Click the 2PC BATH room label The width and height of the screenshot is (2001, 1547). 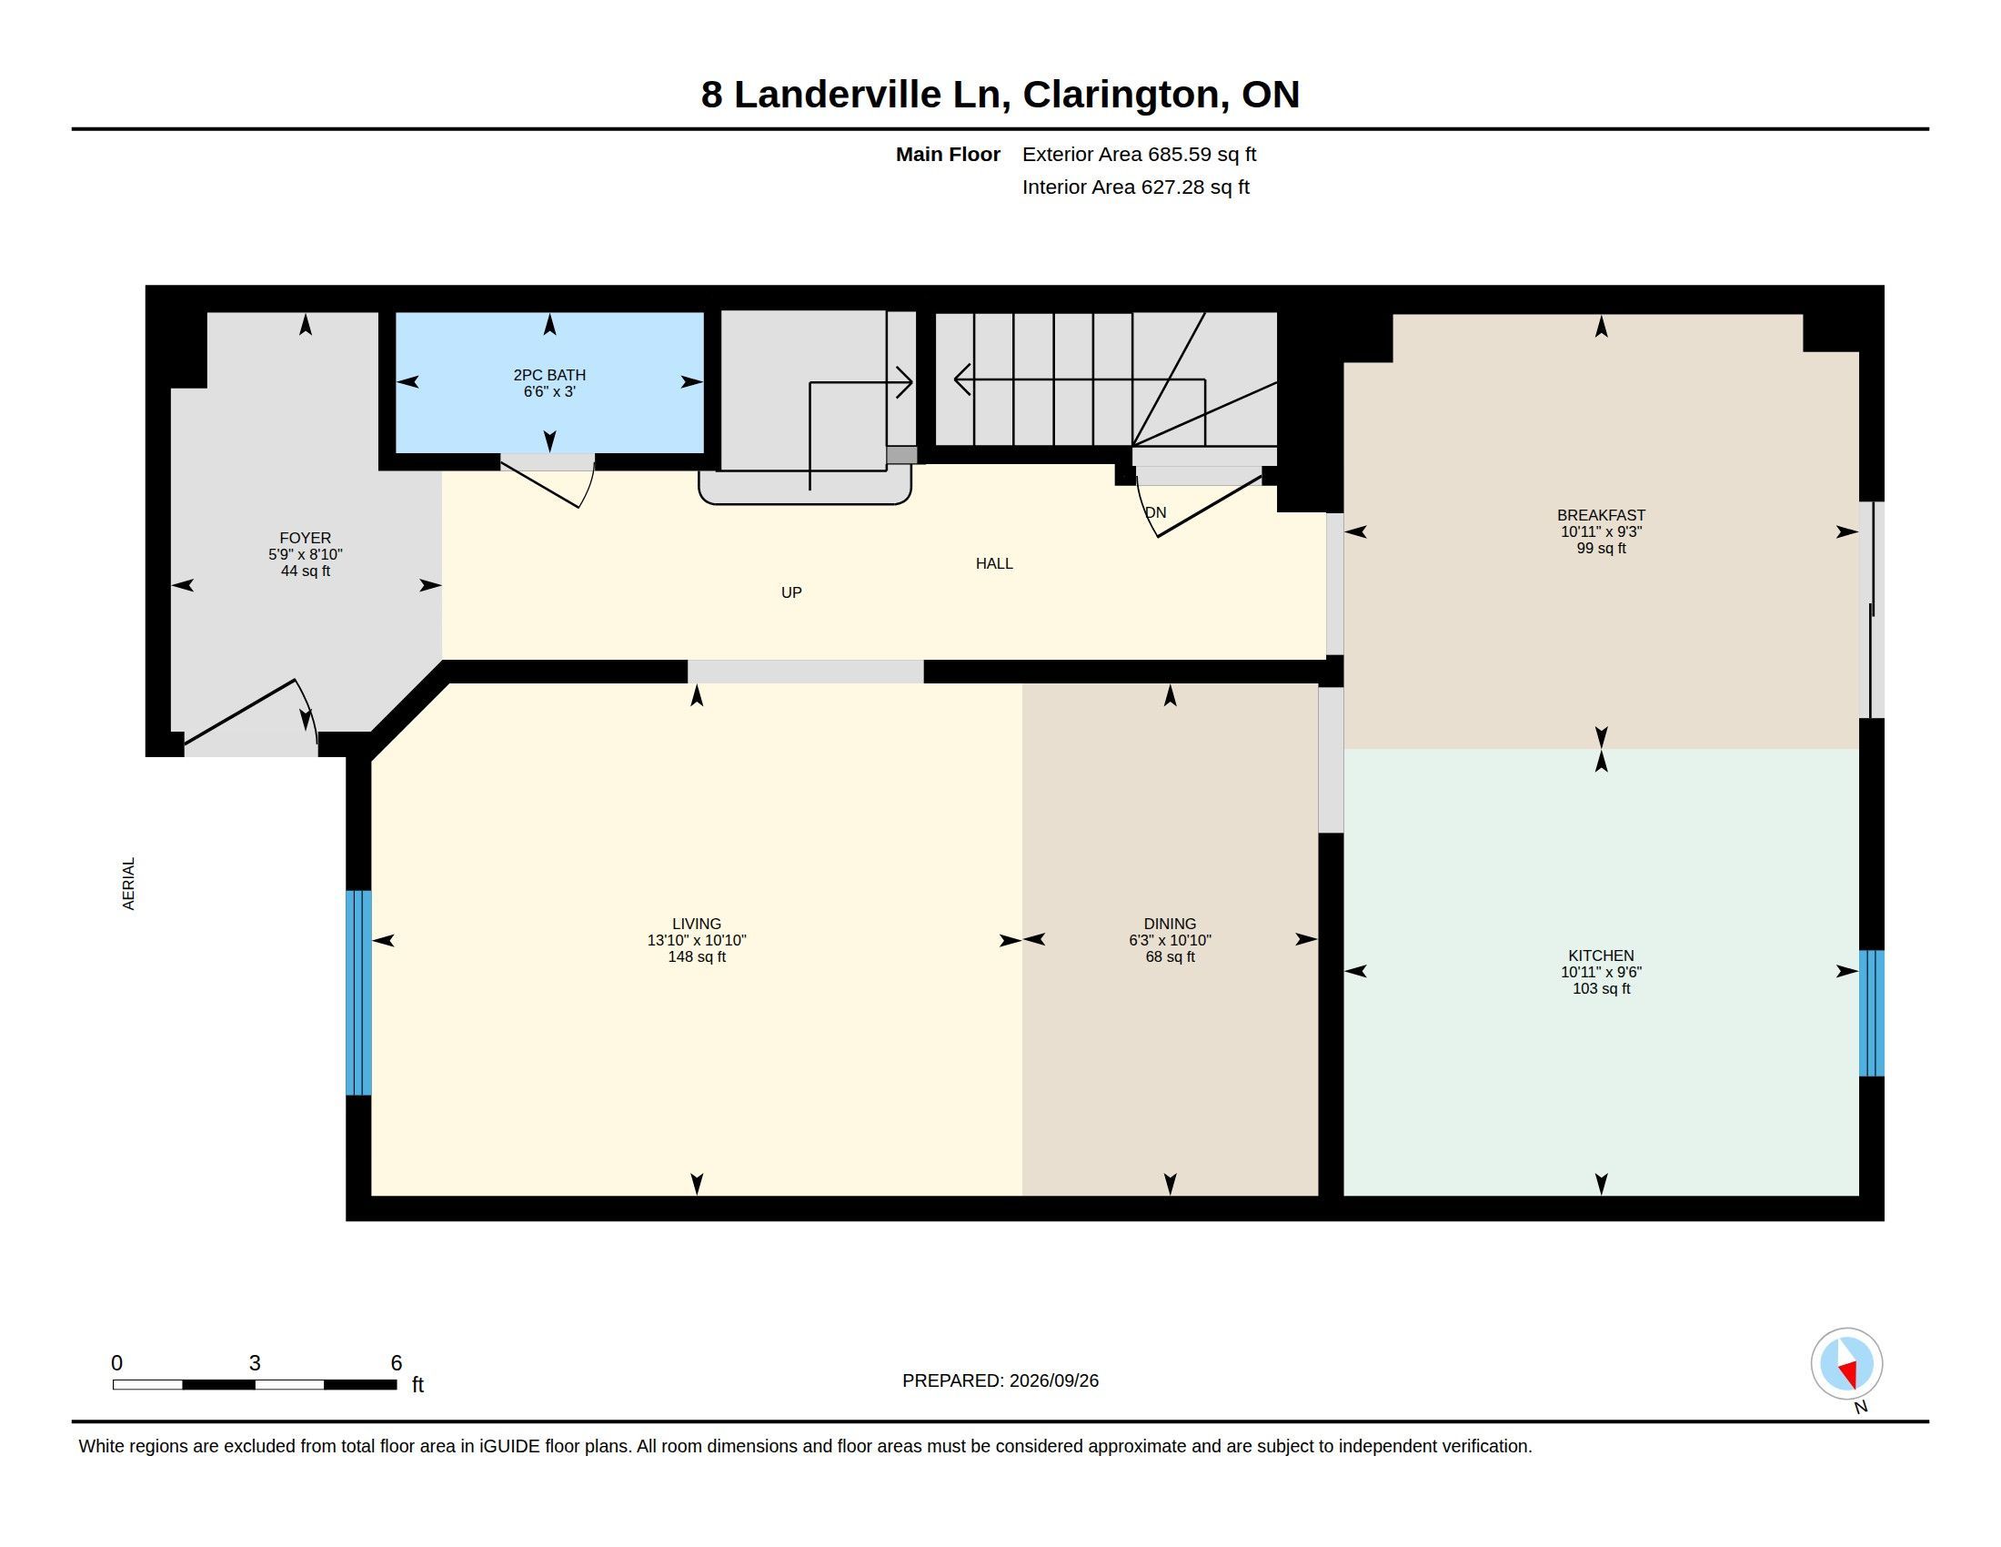[548, 375]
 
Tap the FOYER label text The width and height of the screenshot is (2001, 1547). [305, 538]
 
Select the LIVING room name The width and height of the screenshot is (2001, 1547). [697, 924]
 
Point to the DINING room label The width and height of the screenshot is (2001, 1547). [1170, 924]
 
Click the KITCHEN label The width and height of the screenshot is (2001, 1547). [1601, 955]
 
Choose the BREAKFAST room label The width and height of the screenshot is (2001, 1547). [1601, 515]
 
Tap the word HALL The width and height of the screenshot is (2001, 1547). [994, 563]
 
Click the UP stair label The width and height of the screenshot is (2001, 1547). [791, 593]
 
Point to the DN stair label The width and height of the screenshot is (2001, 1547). [1156, 512]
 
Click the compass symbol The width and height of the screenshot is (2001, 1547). [1846, 1364]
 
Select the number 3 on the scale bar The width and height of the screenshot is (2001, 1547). [255, 1363]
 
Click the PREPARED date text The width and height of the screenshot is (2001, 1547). [1000, 1380]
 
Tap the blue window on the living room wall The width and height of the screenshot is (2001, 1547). [358, 993]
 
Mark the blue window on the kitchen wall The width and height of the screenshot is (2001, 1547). [1871, 1013]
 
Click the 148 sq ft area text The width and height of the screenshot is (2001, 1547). [697, 956]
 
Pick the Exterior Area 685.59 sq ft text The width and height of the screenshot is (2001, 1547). [1139, 154]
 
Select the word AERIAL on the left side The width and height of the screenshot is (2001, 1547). [128, 884]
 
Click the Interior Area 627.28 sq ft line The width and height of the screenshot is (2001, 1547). [1135, 187]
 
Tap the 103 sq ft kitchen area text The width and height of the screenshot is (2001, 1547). [1601, 989]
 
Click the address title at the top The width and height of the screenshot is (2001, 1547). [1000, 95]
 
